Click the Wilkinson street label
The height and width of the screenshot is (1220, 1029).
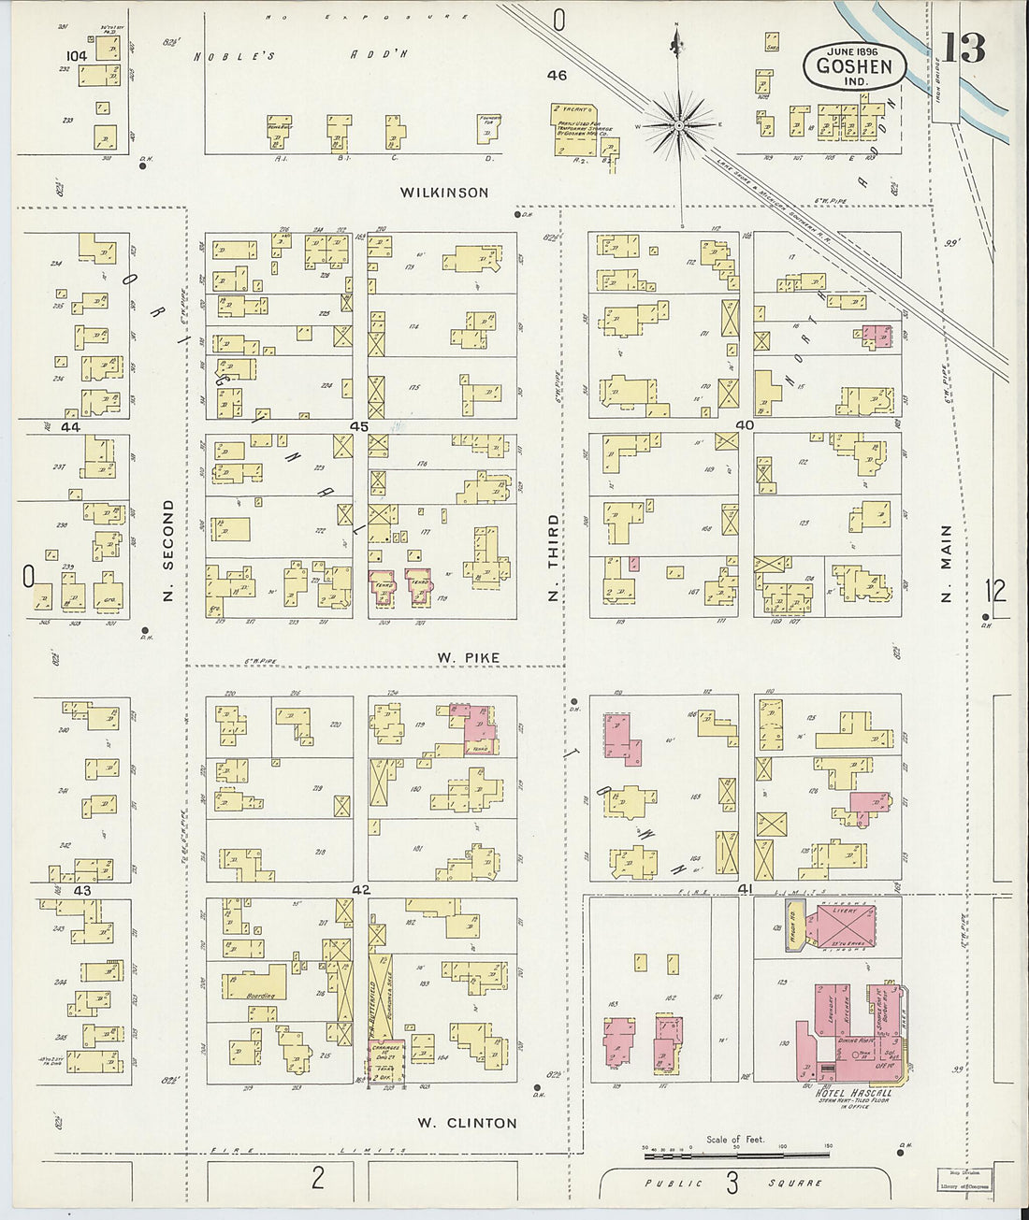coord(444,193)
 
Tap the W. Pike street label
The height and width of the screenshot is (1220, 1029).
coord(468,658)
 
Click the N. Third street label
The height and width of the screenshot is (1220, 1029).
coord(553,557)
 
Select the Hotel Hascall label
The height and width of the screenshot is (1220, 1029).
coord(853,1093)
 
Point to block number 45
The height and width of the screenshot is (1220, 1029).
coord(359,426)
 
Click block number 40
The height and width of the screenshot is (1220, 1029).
coord(745,424)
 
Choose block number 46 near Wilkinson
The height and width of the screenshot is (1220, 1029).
coord(558,75)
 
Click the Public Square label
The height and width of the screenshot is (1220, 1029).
coord(732,1184)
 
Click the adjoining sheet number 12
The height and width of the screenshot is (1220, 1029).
coord(996,590)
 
